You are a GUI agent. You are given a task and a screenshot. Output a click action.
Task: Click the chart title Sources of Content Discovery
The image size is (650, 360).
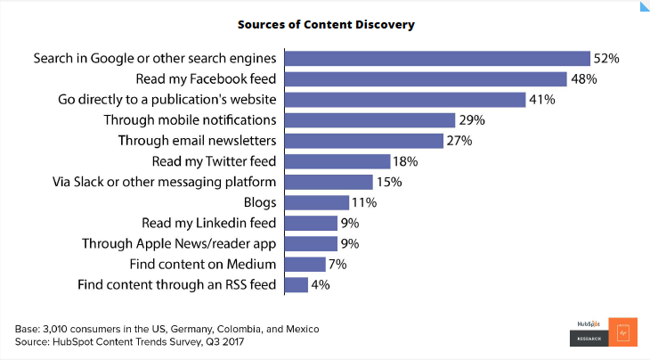(325, 24)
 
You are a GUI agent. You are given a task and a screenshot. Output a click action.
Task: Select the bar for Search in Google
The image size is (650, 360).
(437, 59)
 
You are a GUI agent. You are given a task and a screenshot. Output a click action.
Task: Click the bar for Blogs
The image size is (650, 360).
(316, 202)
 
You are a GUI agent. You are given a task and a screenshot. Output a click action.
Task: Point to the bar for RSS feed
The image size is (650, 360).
(296, 284)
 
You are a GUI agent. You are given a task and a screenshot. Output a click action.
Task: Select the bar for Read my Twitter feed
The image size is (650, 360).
(337, 161)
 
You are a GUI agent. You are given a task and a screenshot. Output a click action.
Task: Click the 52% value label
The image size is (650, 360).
(606, 59)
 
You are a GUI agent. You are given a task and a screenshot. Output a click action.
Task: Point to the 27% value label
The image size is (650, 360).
(458, 141)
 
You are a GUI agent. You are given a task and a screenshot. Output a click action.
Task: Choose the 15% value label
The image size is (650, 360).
(388, 182)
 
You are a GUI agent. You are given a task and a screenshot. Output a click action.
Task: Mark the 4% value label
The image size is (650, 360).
(321, 284)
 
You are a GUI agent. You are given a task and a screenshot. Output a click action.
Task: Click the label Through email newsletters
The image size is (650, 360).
(198, 141)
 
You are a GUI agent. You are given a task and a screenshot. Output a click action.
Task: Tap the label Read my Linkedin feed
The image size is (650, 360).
(209, 223)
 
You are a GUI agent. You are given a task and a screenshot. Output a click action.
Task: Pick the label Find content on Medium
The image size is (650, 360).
(203, 264)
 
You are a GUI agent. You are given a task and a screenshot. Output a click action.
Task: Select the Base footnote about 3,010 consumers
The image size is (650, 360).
(167, 329)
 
